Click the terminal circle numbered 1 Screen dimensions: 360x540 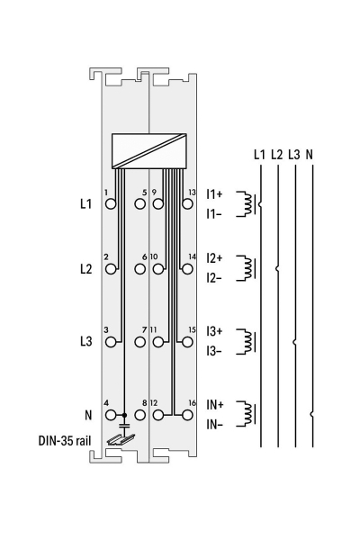pos(111,204)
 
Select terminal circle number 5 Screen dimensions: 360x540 pos(139,204)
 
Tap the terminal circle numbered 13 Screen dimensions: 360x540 pos(187,204)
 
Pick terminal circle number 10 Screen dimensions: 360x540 pos(158,269)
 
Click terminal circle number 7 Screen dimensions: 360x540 pos(139,342)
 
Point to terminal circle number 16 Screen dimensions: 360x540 pos(187,415)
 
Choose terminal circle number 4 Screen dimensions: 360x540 pos(111,415)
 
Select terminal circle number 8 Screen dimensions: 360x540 pos(139,415)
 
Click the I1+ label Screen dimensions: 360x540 pos(214,194)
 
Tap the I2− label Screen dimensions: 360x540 pos(214,278)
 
